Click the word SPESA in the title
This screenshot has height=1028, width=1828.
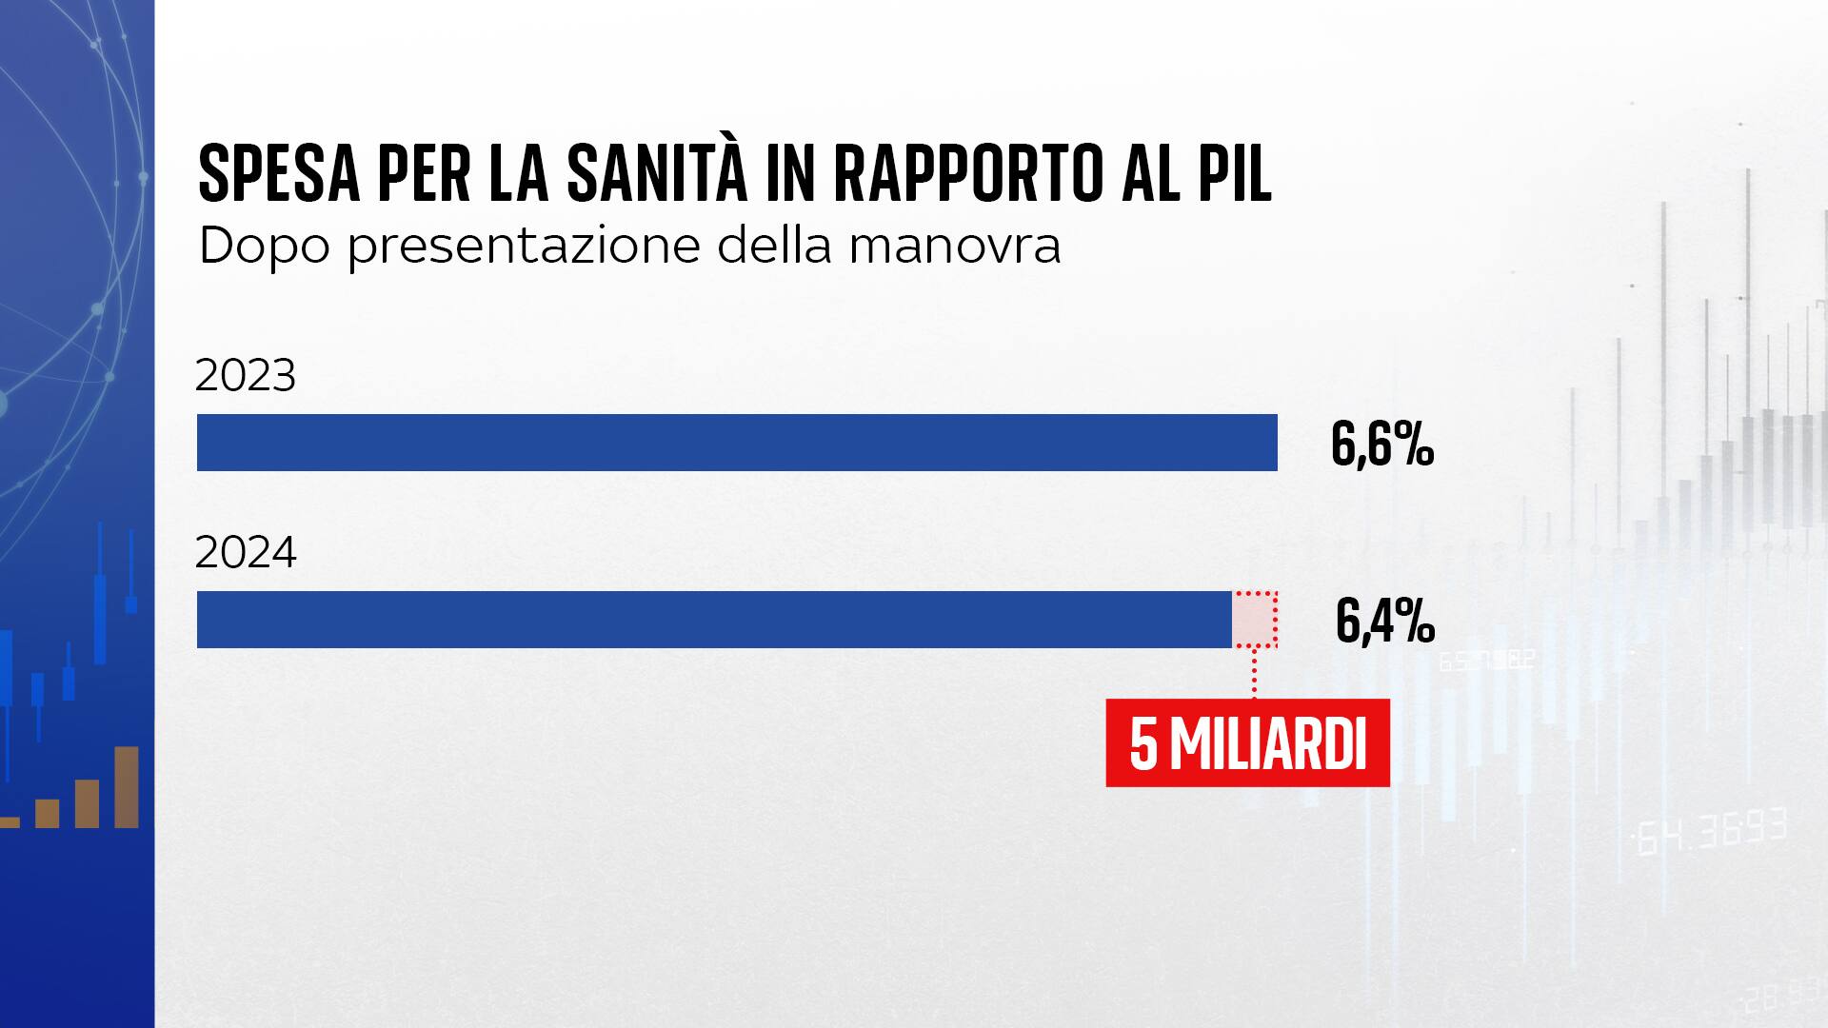(279, 174)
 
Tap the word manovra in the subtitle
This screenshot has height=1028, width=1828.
(954, 247)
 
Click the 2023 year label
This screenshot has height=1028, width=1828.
(246, 377)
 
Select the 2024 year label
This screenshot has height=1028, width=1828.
(246, 553)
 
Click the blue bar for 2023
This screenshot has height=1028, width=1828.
(736, 443)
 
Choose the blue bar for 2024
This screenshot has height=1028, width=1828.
(714, 620)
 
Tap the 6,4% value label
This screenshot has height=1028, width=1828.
(1384, 622)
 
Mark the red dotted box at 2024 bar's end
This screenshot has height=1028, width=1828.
(1255, 620)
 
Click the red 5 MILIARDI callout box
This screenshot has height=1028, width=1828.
(1247, 743)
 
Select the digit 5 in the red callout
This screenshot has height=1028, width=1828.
(1143, 745)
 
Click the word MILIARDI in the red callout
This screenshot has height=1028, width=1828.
(1267, 745)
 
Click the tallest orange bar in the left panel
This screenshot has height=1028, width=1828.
(127, 787)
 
